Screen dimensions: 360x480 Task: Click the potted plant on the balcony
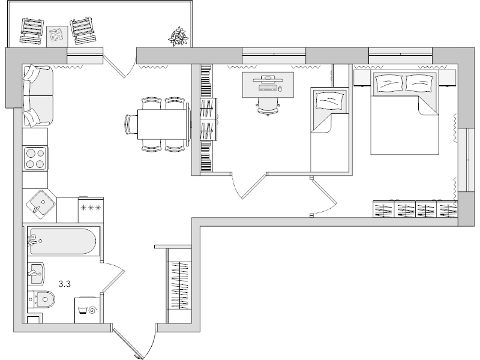178,36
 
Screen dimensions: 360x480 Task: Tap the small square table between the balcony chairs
58,34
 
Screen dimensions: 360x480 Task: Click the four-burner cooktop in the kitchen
35,159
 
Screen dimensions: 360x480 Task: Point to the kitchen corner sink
40,205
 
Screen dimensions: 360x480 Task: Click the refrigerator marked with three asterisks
90,208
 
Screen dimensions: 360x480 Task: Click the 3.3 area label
65,284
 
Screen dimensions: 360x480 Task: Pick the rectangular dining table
163,125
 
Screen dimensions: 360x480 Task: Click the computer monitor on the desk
268,78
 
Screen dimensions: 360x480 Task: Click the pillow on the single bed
329,100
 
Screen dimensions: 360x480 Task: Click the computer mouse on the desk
279,89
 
